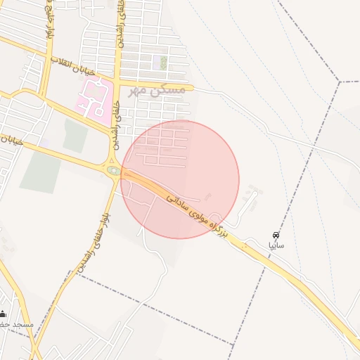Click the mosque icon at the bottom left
click(x=4, y=314)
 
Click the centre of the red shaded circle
click(x=180, y=179)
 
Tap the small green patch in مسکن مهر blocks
click(x=163, y=63)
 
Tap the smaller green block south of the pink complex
click(x=75, y=136)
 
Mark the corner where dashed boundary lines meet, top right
click(x=340, y=82)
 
